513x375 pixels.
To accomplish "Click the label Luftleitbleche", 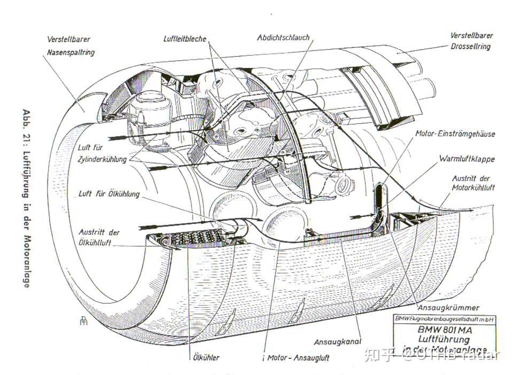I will coord(185,39).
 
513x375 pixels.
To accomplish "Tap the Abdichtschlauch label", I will coord(283,38).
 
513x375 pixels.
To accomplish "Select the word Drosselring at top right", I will coord(470,47).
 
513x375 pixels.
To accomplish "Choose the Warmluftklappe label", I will coord(467,159).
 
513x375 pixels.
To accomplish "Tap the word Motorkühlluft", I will coord(473,187).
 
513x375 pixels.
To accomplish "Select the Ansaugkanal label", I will coord(338,341).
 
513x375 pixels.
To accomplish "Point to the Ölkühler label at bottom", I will coord(204,357).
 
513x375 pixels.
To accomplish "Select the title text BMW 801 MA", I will coord(444,330).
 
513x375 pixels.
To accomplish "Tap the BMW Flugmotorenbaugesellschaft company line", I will coord(444,319).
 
